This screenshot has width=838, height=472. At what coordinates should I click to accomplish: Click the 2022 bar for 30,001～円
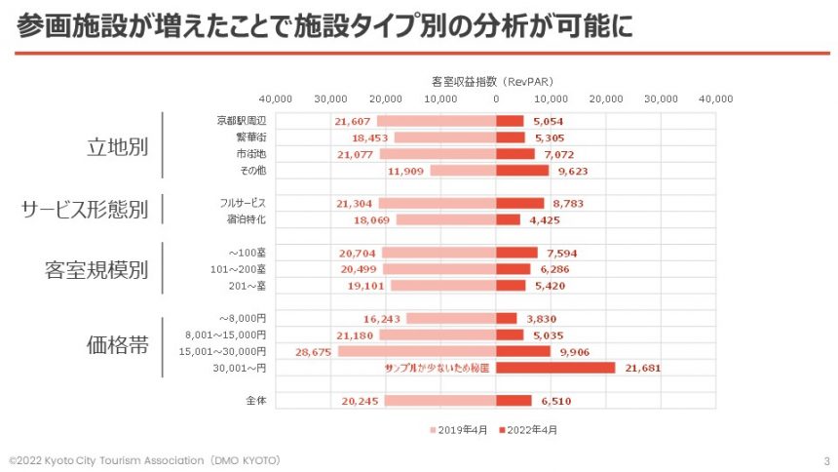click(555, 368)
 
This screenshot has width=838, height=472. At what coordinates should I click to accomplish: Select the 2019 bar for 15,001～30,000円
click(417, 351)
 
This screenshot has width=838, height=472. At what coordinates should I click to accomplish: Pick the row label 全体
click(255, 400)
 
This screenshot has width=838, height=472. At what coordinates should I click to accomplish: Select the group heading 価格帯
click(117, 343)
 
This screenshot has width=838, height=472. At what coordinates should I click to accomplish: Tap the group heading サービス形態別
click(85, 211)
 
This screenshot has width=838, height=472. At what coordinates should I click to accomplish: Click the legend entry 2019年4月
click(461, 429)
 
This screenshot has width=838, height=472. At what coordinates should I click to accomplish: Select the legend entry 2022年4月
click(532, 429)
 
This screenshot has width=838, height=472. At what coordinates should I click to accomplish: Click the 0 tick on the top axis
click(496, 98)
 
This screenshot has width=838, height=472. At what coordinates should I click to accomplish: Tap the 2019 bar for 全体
click(440, 400)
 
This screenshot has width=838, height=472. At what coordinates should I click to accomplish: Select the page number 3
click(826, 459)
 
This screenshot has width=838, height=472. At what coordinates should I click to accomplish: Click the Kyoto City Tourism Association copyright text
click(145, 459)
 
